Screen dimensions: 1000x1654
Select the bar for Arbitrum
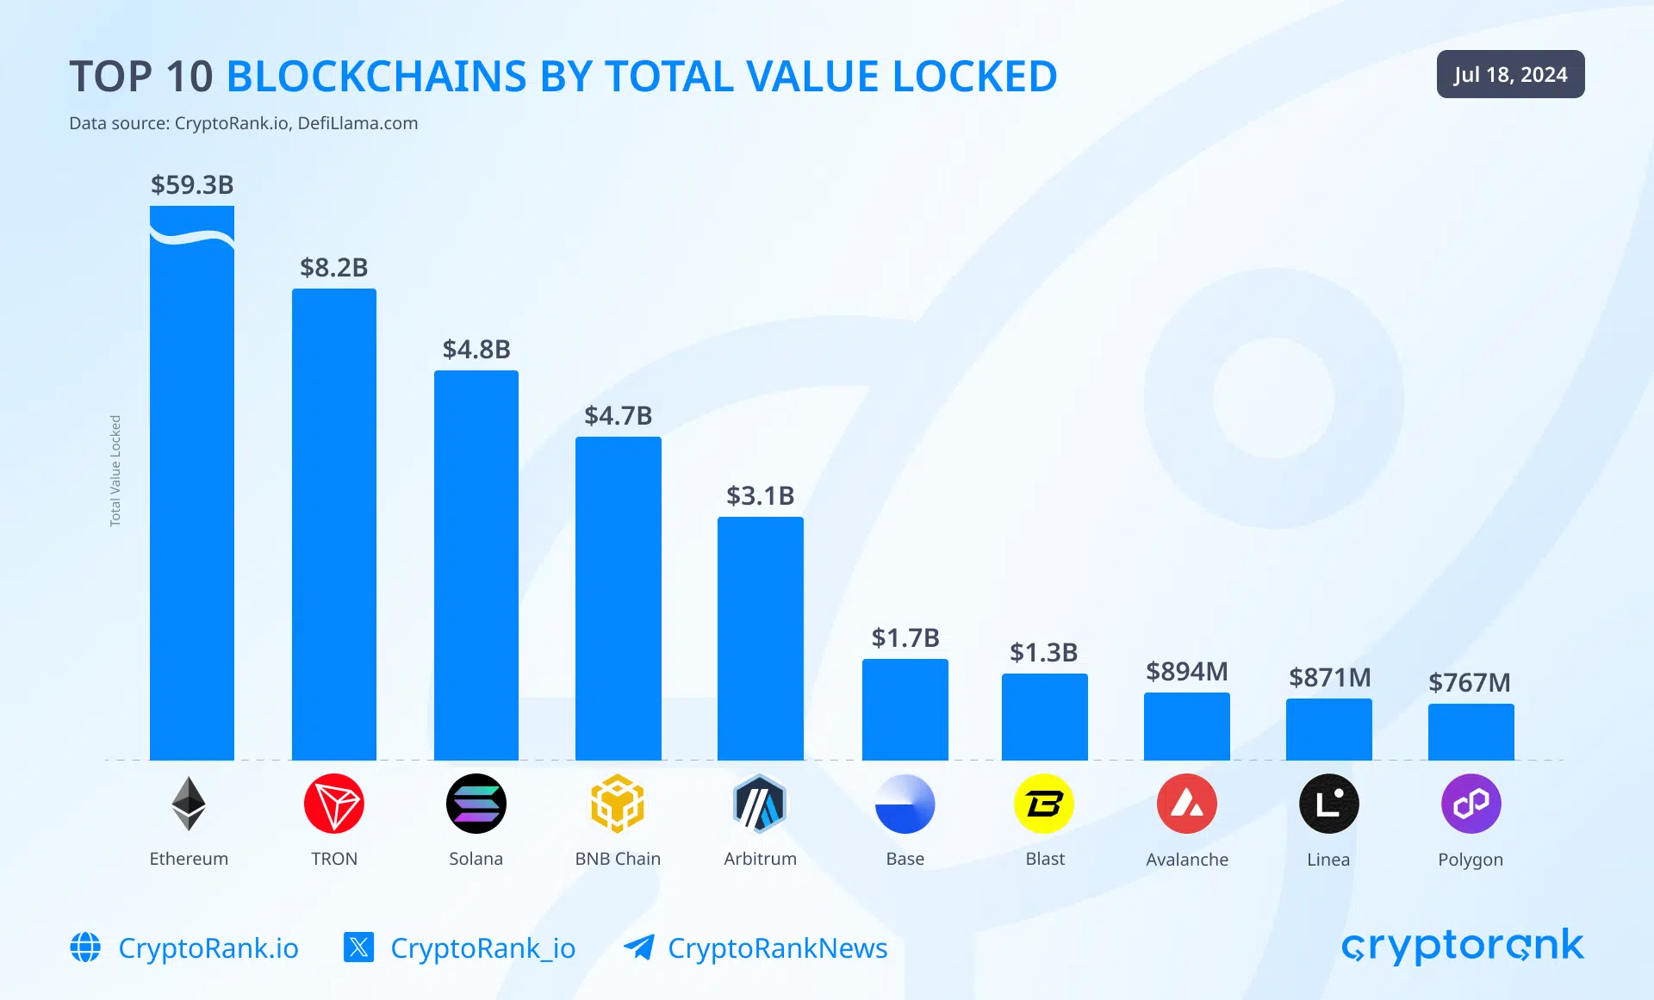click(x=760, y=638)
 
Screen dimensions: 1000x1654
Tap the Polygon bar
click(x=1471, y=731)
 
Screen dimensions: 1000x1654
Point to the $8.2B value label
click(x=333, y=267)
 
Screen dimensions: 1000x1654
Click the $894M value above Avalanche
click(x=1186, y=671)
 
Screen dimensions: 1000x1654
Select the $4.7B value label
click(x=618, y=415)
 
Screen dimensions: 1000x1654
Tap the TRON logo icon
click(x=334, y=804)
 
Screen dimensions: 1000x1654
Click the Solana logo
click(x=476, y=804)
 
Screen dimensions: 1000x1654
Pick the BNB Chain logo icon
click(x=618, y=804)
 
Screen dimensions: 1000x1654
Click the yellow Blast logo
click(x=1044, y=804)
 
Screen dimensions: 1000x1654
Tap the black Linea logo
click(x=1328, y=804)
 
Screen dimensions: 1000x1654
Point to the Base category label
click(x=905, y=859)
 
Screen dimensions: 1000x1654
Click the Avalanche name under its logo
click(x=1186, y=860)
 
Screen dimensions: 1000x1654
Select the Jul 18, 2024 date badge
click(x=1510, y=74)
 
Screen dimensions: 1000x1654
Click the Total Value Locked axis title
click(x=115, y=470)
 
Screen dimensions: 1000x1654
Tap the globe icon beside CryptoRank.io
click(x=85, y=947)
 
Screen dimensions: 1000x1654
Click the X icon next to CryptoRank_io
click(x=358, y=947)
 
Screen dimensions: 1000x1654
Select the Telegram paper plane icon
click(x=639, y=947)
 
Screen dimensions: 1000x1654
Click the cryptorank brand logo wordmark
click(x=1462, y=946)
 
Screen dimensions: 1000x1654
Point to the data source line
click(x=243, y=123)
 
